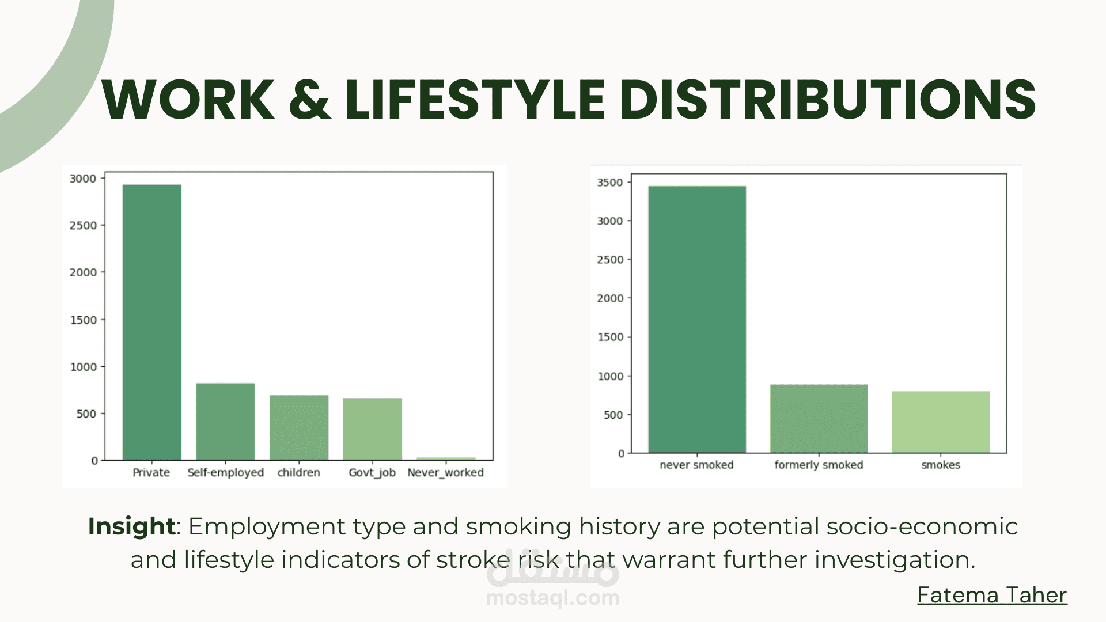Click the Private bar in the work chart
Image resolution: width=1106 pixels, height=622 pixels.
coord(152,323)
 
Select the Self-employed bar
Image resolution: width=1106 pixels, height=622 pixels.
coord(225,422)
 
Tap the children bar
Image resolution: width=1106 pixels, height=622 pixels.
coord(299,427)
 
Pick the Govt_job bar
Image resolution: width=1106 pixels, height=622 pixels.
coord(373,429)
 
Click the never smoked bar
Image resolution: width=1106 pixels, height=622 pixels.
coord(697,320)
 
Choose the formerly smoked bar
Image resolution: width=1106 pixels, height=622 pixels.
coord(819,419)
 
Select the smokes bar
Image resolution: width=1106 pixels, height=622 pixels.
coord(941,422)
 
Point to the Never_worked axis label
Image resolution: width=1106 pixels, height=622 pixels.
coord(445,473)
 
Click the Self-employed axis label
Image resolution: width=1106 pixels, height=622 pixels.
coord(225,473)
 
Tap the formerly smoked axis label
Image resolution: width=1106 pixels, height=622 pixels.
coord(819,465)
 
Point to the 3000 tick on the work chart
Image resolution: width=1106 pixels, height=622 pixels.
coord(83,179)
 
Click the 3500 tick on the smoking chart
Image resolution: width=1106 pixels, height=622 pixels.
coord(610,183)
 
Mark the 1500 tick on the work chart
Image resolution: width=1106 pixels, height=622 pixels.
coord(83,320)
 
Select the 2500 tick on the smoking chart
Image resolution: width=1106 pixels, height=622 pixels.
coord(610,260)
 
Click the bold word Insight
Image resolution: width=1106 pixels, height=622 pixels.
coord(131,526)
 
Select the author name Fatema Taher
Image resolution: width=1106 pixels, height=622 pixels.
coord(992,595)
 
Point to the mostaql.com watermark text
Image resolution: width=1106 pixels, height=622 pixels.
coord(553,598)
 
